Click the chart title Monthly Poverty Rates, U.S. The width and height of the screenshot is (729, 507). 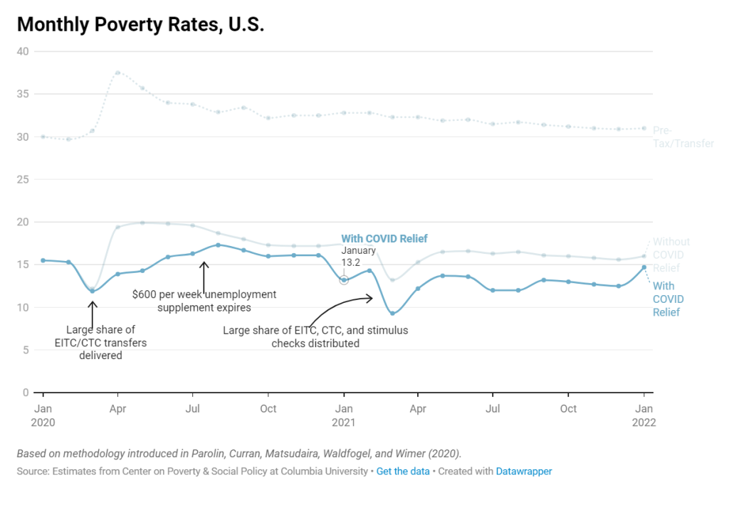140,24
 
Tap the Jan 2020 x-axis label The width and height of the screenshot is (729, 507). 43,415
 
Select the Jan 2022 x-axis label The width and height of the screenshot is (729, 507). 644,415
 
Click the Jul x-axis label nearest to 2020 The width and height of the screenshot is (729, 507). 192,409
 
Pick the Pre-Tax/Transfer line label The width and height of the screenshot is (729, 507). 683,137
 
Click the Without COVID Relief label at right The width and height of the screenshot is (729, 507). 671,255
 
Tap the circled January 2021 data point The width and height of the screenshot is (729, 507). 344,280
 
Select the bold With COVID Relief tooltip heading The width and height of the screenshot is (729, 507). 384,239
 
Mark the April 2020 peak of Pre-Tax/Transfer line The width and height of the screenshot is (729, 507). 117,73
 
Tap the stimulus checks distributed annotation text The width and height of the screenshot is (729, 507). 315,337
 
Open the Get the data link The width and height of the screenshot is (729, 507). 403,471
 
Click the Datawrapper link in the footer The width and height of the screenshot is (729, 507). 523,471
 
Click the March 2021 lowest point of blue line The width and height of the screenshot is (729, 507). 392,313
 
